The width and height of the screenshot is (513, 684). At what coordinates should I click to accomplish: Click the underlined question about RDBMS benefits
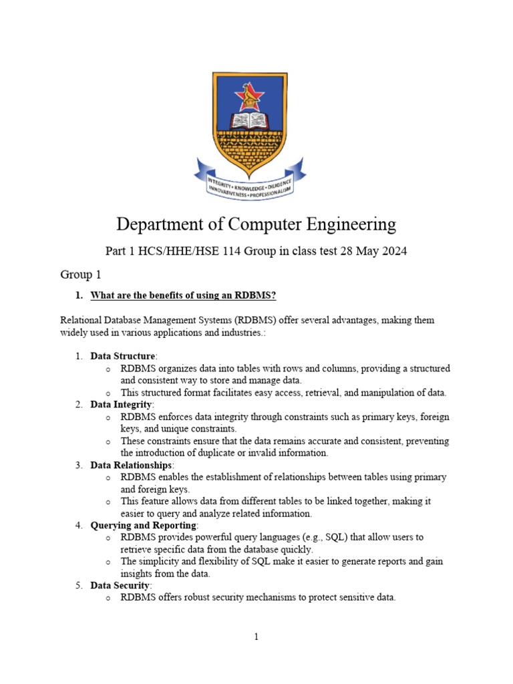(183, 295)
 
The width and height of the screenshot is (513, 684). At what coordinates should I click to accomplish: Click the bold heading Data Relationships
(132, 465)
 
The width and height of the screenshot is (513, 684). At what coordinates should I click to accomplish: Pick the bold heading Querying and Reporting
(144, 526)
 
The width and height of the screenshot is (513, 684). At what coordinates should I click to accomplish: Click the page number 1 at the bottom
(256, 637)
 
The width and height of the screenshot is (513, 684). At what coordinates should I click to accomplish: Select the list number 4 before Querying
(79, 526)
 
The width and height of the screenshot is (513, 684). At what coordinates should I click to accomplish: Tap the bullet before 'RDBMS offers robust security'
(108, 598)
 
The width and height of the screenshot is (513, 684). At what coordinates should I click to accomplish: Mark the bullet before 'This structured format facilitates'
(108, 393)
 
